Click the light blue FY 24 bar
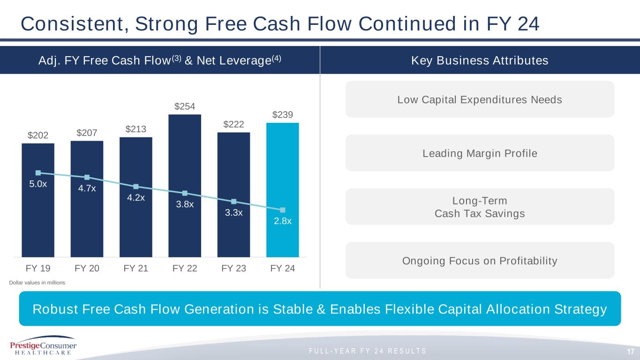point(282,190)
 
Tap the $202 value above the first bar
point(38,135)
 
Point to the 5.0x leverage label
point(38,184)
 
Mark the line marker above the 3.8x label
point(185,193)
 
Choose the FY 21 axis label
point(136,269)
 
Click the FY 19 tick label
point(38,269)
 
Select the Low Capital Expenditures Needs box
point(480,99)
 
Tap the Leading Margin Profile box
point(480,153)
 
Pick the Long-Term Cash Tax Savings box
point(480,207)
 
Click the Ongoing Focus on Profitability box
point(480,260)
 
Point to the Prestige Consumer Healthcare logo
point(43,346)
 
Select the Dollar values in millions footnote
point(38,283)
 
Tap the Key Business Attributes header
point(480,60)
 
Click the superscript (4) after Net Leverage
point(275,58)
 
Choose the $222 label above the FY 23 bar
point(233,124)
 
